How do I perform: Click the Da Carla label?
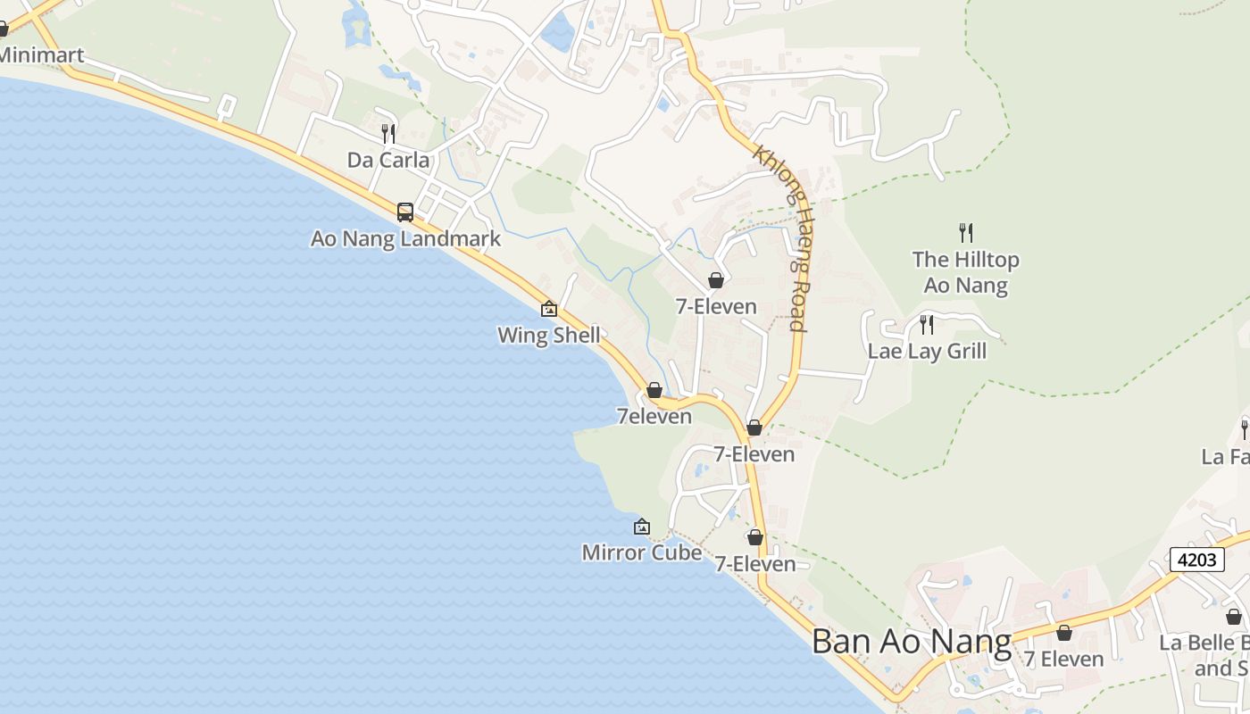point(388,161)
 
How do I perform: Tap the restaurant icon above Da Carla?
point(388,134)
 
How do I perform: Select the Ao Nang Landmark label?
point(405,239)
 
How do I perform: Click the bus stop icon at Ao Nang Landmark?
point(405,212)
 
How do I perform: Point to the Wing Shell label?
point(548,336)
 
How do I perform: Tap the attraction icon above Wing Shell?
point(549,310)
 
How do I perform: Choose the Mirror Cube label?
point(641,552)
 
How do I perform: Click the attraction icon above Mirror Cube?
point(641,527)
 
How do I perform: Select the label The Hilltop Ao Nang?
point(965,272)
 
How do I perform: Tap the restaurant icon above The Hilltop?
point(965,233)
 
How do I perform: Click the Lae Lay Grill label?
point(927,351)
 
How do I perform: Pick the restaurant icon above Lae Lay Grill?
point(927,324)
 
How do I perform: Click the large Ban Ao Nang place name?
point(912,642)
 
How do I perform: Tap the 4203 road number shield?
point(1196,560)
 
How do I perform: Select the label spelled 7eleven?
point(654,417)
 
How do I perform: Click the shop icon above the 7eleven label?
point(654,391)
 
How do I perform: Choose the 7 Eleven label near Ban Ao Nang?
point(1063,659)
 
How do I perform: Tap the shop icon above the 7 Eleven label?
point(1064,633)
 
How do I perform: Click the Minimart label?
point(41,55)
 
